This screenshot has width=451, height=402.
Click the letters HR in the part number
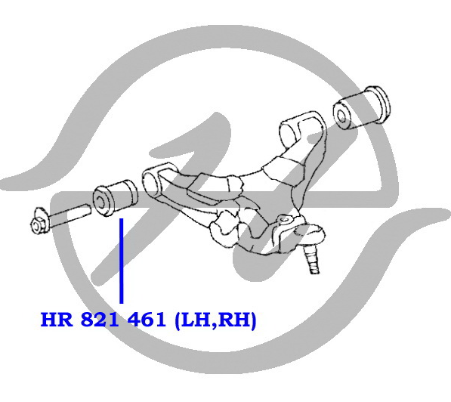pos(57,320)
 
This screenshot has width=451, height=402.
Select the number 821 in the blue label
pos(100,320)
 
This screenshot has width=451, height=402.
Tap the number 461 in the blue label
pos(147,320)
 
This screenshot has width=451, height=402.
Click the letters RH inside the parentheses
pos(233,320)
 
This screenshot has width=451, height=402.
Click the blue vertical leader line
pos(122,261)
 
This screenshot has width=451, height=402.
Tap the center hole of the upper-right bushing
pos(341,116)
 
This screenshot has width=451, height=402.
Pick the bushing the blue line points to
pos(115,198)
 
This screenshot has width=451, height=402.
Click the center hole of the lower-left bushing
pos(100,202)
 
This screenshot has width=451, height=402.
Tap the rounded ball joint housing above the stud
pos(311,233)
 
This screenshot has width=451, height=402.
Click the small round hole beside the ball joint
pos(283,220)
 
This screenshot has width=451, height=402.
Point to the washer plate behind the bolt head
pos(40,218)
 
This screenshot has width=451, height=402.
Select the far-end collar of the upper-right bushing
pos(380,104)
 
